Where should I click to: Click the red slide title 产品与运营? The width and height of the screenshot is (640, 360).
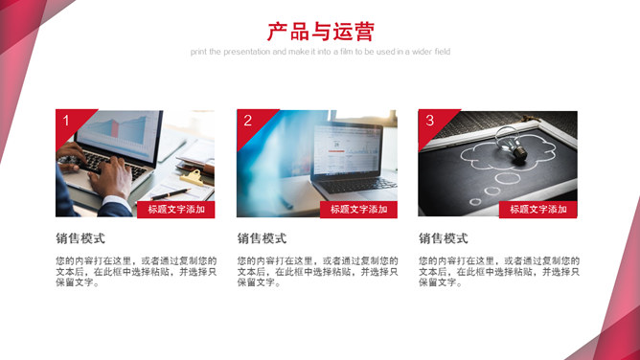point(320,32)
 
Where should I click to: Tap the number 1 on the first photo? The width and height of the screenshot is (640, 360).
point(66,121)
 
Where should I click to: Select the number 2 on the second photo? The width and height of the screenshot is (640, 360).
point(247,121)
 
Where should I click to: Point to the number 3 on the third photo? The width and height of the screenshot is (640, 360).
point(429,121)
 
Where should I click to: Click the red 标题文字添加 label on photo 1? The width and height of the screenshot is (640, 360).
point(176,210)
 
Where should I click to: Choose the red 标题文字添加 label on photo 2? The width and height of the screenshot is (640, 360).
point(358,210)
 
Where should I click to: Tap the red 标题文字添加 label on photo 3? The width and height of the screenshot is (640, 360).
point(537,210)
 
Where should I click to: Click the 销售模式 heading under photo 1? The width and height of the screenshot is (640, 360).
point(80,238)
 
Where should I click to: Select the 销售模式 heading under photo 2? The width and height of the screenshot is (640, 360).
point(263,238)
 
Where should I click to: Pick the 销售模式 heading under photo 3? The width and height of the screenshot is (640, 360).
point(444,238)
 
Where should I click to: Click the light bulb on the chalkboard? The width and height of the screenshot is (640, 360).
point(512,145)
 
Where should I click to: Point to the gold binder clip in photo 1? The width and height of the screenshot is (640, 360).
point(192,178)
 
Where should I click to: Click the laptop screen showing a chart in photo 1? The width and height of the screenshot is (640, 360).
point(119,134)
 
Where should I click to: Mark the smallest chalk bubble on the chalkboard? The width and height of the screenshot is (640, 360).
point(475,201)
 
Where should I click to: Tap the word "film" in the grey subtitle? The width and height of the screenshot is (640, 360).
point(346,52)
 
